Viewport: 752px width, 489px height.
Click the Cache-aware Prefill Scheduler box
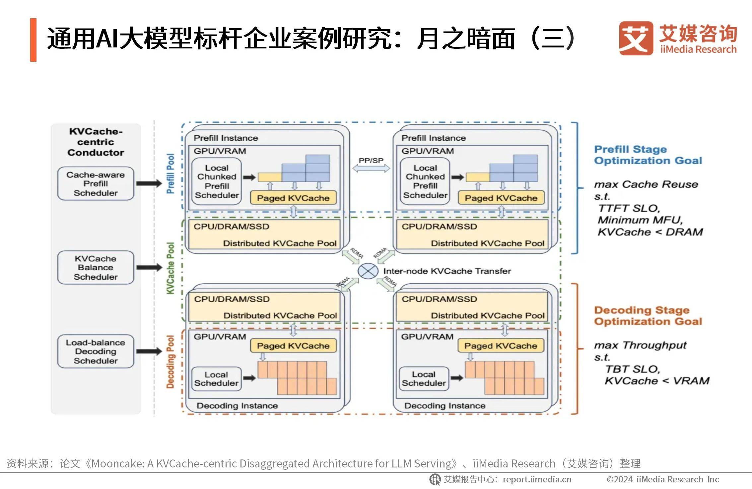[x=96, y=184]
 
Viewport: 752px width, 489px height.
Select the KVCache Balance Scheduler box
[x=96, y=268]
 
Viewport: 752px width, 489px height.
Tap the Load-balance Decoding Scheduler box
[x=96, y=352]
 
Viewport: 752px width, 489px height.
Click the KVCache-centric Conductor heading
[x=96, y=142]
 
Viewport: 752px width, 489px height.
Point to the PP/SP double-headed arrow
[x=371, y=169]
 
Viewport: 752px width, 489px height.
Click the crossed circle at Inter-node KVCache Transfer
[x=368, y=271]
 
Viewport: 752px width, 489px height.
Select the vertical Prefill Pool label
[x=170, y=174]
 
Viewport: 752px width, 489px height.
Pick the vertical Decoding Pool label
[x=170, y=362]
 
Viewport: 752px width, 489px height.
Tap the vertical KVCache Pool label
[x=170, y=268]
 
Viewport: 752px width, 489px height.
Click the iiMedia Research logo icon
[x=636, y=38]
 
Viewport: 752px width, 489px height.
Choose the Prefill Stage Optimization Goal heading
[x=648, y=155]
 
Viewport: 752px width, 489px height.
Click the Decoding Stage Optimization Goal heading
[x=648, y=316]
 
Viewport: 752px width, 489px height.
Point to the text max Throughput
[x=640, y=345]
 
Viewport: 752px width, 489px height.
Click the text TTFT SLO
[x=629, y=208]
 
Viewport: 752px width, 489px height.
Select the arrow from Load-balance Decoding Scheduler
[x=149, y=352]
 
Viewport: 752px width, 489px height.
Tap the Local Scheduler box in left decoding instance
[x=216, y=379]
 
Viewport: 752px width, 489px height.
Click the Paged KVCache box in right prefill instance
[x=501, y=198]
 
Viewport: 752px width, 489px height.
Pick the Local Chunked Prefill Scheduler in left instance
[x=217, y=181]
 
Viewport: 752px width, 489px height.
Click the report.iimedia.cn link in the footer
[x=537, y=479]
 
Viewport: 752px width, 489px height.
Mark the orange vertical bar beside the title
[x=33, y=40]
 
